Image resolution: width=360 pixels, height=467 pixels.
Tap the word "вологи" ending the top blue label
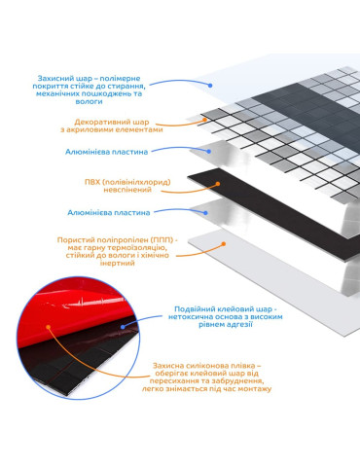pyautogui.click(x=89, y=101)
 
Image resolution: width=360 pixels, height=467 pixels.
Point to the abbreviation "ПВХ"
pyautogui.click(x=92, y=182)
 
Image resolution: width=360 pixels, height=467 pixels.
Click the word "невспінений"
pyautogui.click(x=127, y=190)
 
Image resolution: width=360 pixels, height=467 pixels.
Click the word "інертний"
pyautogui.click(x=117, y=263)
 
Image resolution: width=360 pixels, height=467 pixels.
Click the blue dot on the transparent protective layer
pyautogui.click(x=210, y=86)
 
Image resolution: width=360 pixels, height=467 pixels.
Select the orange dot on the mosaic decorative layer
pyautogui.click(x=204, y=120)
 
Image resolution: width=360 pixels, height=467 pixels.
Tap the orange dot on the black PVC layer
pyautogui.click(x=218, y=184)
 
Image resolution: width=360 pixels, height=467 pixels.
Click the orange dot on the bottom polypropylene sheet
pyautogui.click(x=224, y=244)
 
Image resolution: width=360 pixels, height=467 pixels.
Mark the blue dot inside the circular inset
pyautogui.click(x=123, y=327)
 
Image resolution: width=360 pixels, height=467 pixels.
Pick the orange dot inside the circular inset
pyautogui.click(x=49, y=327)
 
